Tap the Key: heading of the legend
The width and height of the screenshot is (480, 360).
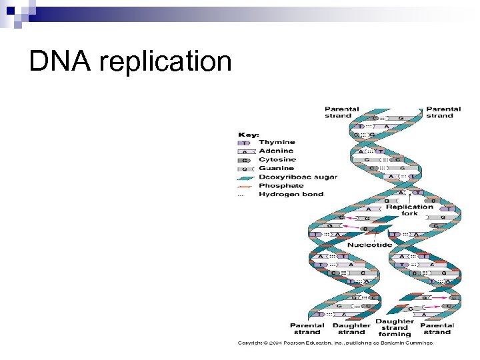coord(249,134)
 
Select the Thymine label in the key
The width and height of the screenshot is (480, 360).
coord(277,143)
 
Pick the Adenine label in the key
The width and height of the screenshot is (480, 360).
coord(276,151)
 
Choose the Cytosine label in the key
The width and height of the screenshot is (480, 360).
coord(277,160)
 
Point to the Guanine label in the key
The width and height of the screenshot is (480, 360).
coord(276,169)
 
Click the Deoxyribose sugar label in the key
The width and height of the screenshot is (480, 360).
coord(297,177)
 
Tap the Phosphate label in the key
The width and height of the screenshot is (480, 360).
coord(281,186)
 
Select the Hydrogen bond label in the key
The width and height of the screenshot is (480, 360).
coord(291,195)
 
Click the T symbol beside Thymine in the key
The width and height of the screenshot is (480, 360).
coord(244,143)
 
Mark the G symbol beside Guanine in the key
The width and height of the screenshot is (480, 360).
coord(244,169)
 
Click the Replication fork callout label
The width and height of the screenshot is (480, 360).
coord(409,210)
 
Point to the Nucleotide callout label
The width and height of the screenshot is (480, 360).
coord(369,245)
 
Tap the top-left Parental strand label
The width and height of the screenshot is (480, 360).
coord(342,112)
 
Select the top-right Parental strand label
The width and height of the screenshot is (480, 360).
coord(443,112)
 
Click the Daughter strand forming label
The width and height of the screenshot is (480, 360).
coord(394,328)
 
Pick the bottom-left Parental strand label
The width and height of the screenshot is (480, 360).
coord(307,329)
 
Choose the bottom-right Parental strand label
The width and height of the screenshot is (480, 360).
coord(437,329)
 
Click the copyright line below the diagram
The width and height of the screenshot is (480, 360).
coord(335,343)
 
